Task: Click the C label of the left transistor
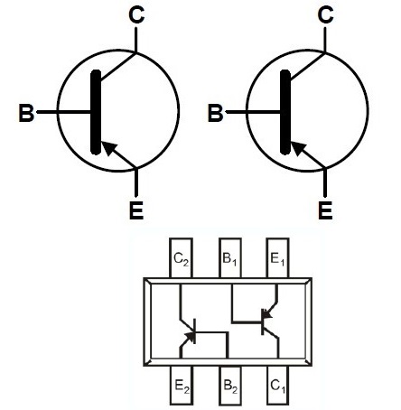136,15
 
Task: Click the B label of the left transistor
26,113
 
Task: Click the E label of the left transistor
136,210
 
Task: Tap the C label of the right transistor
325,15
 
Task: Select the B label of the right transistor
215,113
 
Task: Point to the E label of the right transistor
325,210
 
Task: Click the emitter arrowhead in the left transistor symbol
108,147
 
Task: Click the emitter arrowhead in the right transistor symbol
298,147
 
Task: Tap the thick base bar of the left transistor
96,112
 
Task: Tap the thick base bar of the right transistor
285,112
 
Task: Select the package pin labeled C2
181,258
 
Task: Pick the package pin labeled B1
230,258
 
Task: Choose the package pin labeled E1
277,258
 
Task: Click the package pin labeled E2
182,386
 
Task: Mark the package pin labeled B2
230,386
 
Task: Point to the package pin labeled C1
277,386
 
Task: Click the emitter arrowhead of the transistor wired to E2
191,336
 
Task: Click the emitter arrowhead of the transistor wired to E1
266,314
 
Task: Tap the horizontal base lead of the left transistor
63,112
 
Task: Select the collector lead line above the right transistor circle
325,40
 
